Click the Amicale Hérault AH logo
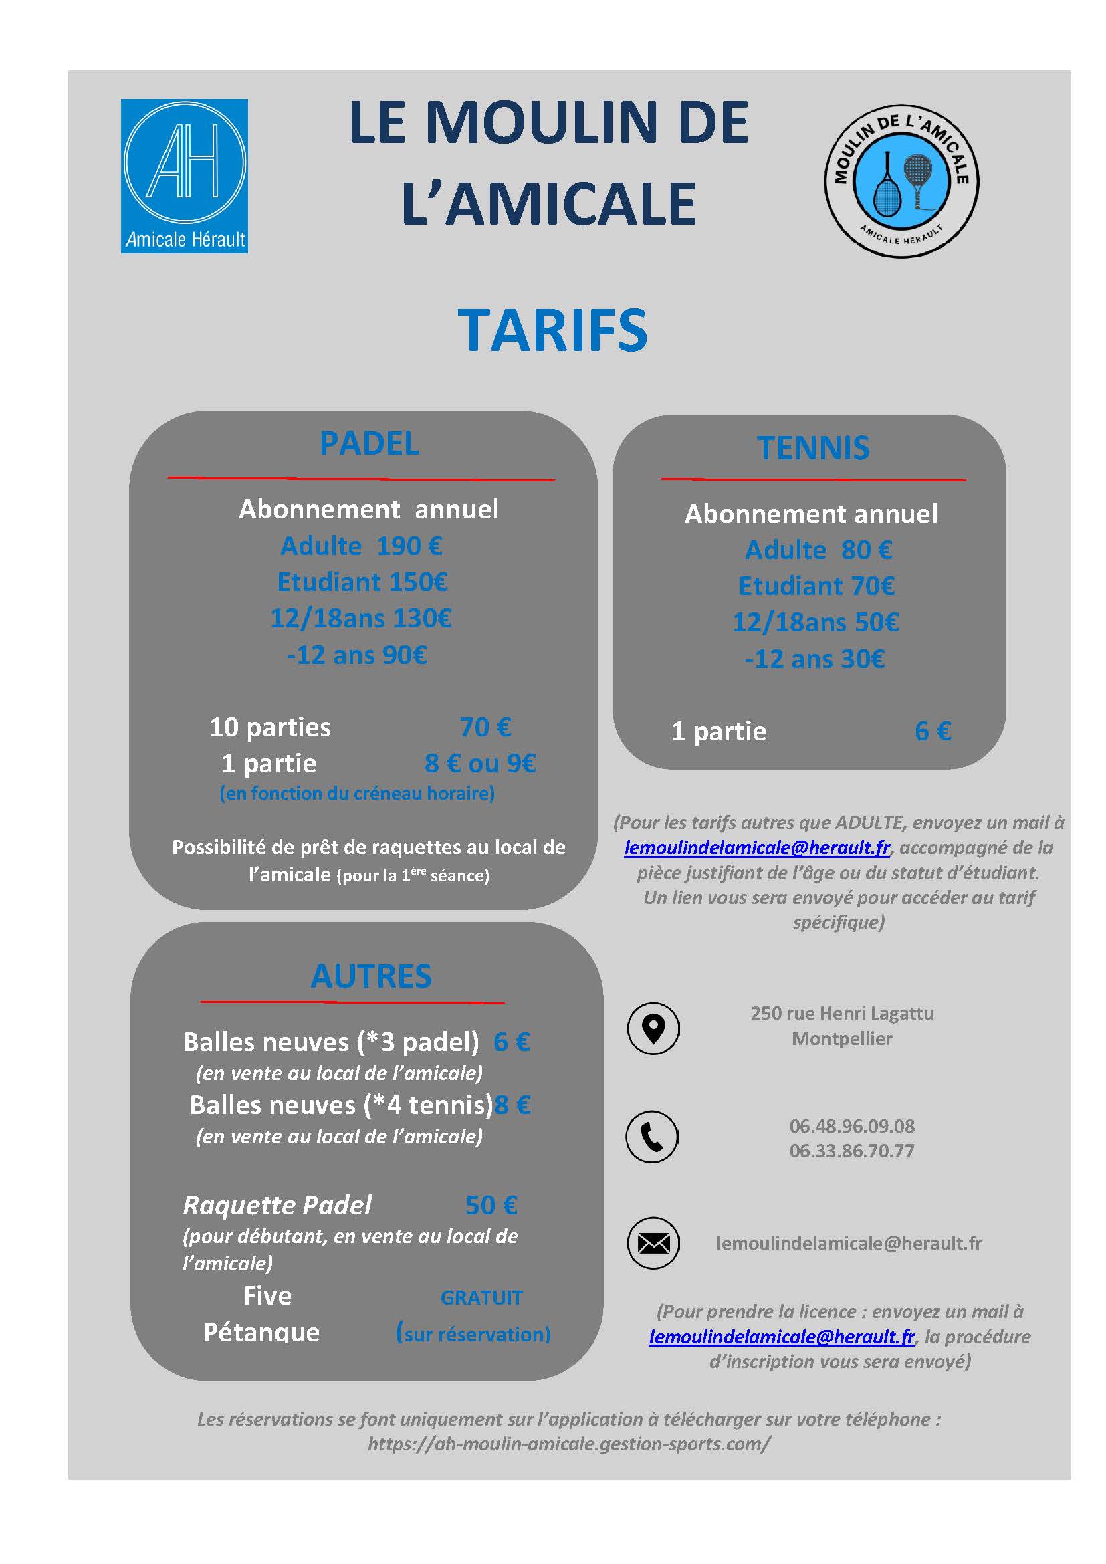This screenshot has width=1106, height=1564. (x=184, y=176)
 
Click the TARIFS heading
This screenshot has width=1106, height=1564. (x=552, y=330)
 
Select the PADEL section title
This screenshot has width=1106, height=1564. (x=369, y=444)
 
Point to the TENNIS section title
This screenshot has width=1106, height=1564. (x=813, y=448)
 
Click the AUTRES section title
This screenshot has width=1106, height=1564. (x=370, y=976)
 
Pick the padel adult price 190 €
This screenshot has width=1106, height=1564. (x=409, y=546)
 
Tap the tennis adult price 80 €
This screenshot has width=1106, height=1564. (x=866, y=550)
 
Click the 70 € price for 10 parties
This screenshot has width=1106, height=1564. (x=485, y=727)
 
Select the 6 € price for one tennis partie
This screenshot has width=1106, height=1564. (x=932, y=731)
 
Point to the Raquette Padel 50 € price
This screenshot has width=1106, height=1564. (x=491, y=1205)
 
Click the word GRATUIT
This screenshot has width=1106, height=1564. (x=481, y=1298)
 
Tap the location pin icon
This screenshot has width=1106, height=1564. (x=653, y=1028)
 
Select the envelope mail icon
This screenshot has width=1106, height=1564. (x=653, y=1243)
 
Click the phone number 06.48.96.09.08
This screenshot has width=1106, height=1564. (x=851, y=1126)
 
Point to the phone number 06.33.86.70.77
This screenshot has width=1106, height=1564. (x=851, y=1151)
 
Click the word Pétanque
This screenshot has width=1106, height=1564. (x=261, y=1333)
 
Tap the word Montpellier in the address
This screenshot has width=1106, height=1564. (x=842, y=1039)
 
